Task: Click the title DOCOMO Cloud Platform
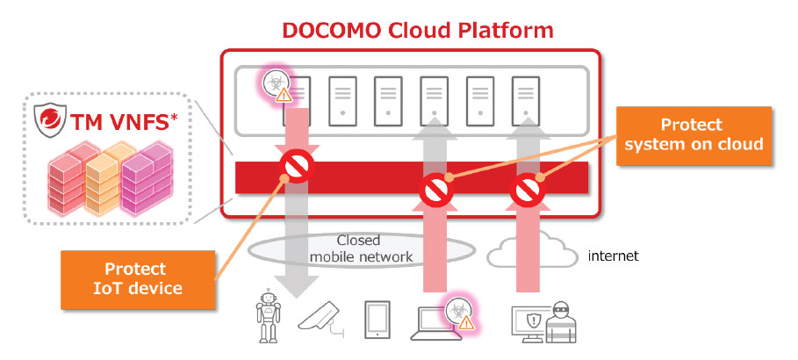tap(418, 30)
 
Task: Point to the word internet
tap(614, 256)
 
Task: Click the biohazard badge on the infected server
tap(278, 86)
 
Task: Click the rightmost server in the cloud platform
tap(526, 97)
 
